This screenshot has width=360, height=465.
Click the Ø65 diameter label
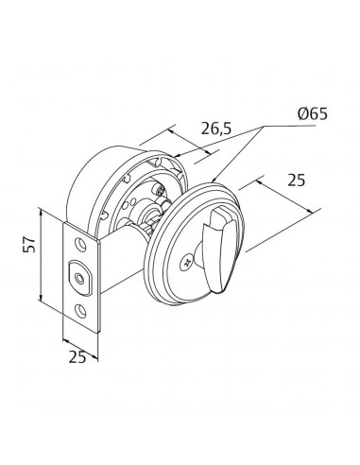click(312, 113)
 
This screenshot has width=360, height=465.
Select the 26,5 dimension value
click(216, 129)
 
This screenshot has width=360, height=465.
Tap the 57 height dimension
click(29, 244)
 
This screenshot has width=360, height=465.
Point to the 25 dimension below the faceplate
click(77, 357)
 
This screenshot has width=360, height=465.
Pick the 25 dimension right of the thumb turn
click(296, 181)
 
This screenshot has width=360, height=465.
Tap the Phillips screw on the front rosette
click(186, 263)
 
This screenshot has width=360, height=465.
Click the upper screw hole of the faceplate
click(80, 245)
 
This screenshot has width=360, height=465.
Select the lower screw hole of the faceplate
click(81, 310)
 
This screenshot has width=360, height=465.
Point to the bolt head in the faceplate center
click(79, 278)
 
